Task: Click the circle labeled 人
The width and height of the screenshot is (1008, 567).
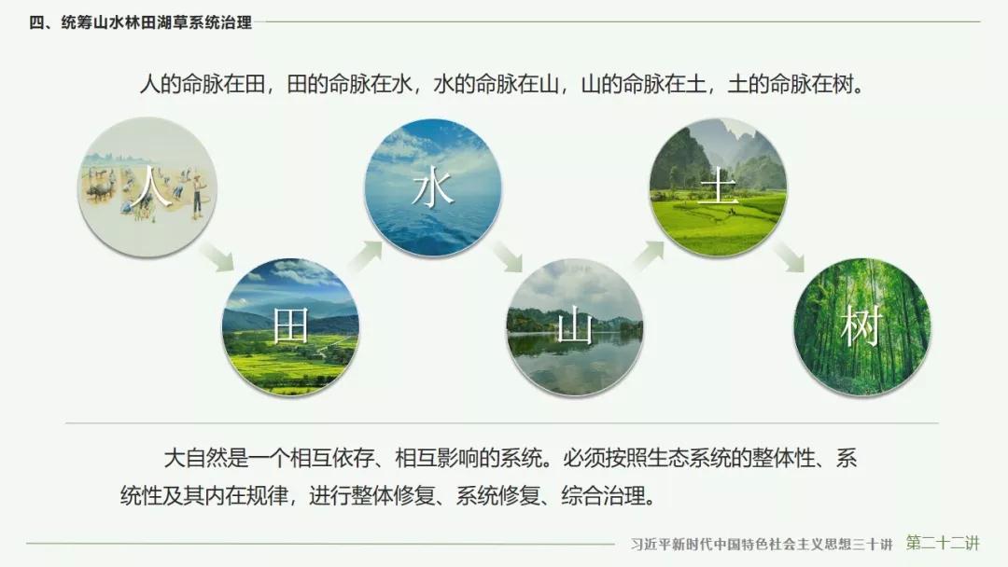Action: point(147,187)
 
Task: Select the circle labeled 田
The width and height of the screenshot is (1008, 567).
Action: point(290,326)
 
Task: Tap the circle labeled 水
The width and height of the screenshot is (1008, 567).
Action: point(433,187)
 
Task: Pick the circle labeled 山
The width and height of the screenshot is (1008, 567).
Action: point(575,326)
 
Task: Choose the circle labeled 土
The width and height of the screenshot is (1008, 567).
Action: point(718,187)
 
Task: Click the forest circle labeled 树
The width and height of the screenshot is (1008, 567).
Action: point(862,326)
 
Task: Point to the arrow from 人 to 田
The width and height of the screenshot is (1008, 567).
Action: point(217,256)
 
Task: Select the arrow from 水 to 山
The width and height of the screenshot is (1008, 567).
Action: point(505,256)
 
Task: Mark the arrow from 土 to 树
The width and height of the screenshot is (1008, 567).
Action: point(788,256)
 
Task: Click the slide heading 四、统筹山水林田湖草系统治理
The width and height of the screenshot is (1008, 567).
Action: point(140,22)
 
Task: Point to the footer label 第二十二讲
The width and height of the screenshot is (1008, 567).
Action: point(943,544)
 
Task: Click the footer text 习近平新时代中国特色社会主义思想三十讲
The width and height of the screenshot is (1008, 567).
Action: point(762,545)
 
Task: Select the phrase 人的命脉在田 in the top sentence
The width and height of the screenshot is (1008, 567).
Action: point(203,84)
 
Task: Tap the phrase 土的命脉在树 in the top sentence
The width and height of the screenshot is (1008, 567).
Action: point(791,84)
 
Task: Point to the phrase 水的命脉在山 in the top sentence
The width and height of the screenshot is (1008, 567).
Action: point(497,84)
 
